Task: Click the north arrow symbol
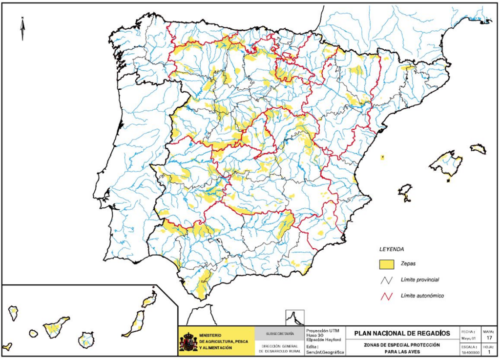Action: pos(22,28)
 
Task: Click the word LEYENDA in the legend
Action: pos(392,248)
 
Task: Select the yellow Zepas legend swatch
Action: pos(387,264)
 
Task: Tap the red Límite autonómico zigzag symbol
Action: pos(387,296)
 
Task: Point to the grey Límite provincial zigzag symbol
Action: pos(387,280)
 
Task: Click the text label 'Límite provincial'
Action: pos(419,280)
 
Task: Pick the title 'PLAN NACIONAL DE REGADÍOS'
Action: pos(401,333)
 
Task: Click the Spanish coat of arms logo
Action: pos(188,341)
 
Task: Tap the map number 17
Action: pos(489,337)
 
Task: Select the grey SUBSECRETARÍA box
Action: pos(279,334)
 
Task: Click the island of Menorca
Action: pos(479,149)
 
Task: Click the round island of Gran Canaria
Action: pos(86,340)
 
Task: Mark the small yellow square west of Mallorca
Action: pos(382,157)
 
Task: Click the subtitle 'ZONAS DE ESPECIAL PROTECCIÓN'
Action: pos(401,345)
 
